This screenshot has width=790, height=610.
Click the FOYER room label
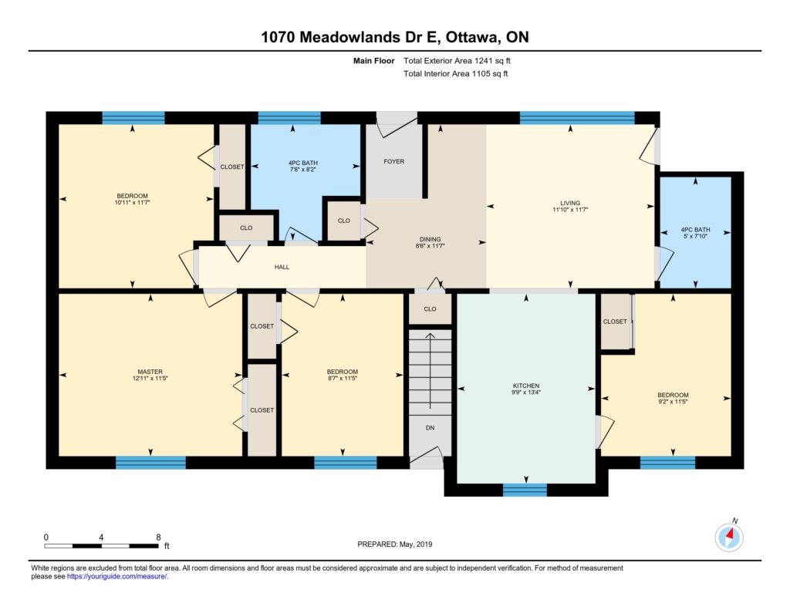point(393,162)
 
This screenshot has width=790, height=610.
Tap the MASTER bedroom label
point(150,372)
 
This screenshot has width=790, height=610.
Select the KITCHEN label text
point(526,386)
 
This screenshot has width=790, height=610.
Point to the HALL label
point(282,267)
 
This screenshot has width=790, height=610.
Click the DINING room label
point(430,239)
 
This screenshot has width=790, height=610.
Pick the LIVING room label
point(570,203)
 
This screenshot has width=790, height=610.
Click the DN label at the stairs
point(430,428)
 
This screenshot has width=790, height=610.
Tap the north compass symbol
point(729,537)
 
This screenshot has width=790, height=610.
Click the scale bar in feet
point(101,546)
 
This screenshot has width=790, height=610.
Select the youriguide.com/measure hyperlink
point(117,577)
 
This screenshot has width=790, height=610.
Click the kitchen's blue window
point(525,490)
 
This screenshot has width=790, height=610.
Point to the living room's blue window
point(577,118)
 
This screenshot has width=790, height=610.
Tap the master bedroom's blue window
point(150,463)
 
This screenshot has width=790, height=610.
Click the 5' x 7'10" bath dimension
point(695,236)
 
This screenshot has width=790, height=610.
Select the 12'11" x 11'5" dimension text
point(150,379)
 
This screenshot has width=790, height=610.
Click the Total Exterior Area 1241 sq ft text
point(457,61)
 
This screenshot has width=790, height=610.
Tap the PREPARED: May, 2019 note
point(395,544)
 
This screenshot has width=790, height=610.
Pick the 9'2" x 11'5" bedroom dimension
point(673,402)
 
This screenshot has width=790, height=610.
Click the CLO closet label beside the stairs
point(430,309)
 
